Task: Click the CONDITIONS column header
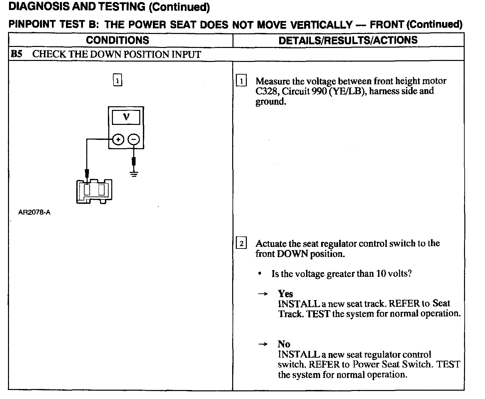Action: point(117,40)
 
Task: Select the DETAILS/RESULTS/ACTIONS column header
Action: point(348,40)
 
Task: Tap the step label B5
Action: point(16,54)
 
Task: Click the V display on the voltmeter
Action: point(126,117)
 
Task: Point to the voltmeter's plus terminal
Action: point(118,140)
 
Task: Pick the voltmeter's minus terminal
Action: point(134,140)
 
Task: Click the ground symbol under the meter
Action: point(134,174)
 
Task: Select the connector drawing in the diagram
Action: point(94,191)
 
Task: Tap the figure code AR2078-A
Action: point(34,212)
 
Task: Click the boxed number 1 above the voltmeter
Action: point(118,81)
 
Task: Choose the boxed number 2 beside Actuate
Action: point(241,243)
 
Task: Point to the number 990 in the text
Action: point(319,91)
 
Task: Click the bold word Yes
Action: point(285,294)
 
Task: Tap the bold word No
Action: point(284,344)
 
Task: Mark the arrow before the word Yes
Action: point(263,294)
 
